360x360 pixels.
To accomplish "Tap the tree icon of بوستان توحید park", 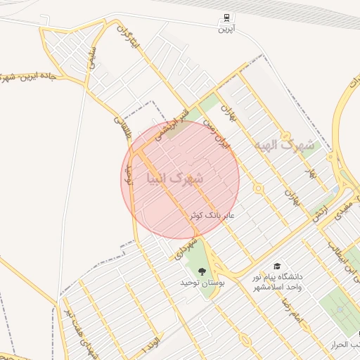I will click(202, 271).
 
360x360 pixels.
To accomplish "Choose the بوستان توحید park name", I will click(202, 283).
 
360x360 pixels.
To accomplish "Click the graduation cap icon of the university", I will click(277, 266).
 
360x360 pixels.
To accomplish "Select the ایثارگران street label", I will click(133, 43).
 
